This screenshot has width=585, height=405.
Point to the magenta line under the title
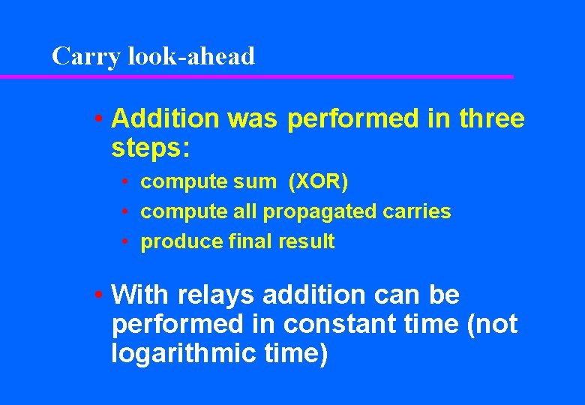pyautogui.click(x=255, y=76)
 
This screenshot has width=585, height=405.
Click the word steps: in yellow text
pyautogui.click(x=151, y=147)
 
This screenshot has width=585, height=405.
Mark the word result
pyautogui.click(x=302, y=241)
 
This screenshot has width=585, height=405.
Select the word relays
pyautogui.click(x=214, y=295)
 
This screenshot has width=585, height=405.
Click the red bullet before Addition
pyautogui.click(x=99, y=118)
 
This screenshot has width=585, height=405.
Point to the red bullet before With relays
pyautogui.click(x=99, y=295)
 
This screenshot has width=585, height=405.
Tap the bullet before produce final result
pyautogui.click(x=130, y=242)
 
